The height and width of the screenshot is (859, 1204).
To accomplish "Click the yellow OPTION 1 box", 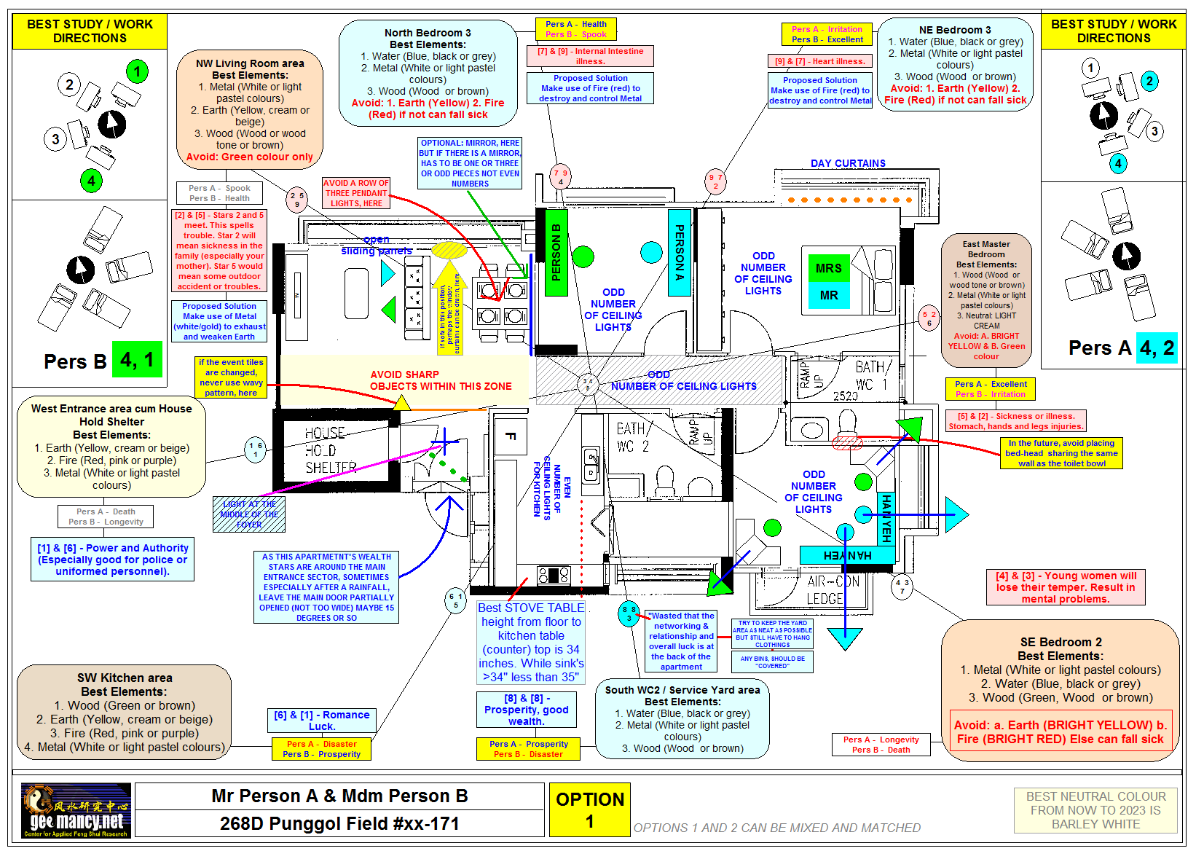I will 589,809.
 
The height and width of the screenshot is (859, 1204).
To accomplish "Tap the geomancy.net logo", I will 76,810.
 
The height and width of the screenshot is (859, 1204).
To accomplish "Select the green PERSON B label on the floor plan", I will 556,252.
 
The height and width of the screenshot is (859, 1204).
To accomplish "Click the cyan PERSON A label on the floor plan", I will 679,252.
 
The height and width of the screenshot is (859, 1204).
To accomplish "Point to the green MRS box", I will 828,268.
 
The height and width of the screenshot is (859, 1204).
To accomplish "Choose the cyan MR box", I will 828,295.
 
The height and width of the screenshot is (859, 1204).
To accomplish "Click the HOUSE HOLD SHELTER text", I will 330,450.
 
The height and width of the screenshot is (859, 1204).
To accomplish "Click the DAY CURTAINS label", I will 848,163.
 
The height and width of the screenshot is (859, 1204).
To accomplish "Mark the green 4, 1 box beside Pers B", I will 137,360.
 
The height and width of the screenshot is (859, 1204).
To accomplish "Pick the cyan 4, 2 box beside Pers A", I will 1157,348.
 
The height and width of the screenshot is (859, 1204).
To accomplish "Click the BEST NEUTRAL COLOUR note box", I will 1095,810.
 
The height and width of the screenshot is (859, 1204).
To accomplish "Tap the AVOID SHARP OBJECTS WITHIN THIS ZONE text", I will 441,380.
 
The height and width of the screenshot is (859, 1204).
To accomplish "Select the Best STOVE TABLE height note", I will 531,642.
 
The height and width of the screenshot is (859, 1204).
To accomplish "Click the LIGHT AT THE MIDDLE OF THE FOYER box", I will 249,514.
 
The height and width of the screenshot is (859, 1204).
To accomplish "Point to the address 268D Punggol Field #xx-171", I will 339,823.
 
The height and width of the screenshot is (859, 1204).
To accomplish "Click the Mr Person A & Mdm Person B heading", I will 339,796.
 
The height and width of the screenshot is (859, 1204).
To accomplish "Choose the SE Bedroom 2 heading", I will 1061,642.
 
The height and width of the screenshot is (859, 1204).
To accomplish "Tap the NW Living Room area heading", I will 250,63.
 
